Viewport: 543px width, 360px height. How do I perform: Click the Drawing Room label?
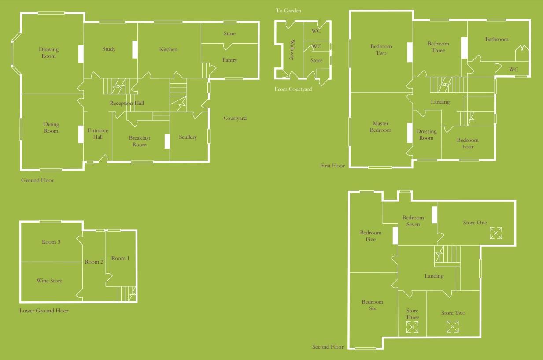point(48,53)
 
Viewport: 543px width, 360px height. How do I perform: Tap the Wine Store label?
point(49,281)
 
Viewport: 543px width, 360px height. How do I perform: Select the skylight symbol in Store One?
point(496,233)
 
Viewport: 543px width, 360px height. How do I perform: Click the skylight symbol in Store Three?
point(413,327)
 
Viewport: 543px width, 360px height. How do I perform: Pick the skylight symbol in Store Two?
point(453,327)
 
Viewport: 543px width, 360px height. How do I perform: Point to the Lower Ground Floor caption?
point(44,311)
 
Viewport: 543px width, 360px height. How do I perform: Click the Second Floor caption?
point(328,347)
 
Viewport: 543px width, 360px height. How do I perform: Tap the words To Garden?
point(288,11)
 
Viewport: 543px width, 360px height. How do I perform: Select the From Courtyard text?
point(293,89)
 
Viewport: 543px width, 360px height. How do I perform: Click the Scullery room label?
point(188,137)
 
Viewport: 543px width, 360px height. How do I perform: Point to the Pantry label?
point(229,60)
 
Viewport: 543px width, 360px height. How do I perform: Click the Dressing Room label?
point(426,134)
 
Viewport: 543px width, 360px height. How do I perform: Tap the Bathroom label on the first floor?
point(497,39)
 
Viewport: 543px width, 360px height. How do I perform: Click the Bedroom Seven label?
point(413,221)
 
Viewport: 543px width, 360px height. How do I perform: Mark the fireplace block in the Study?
point(135,49)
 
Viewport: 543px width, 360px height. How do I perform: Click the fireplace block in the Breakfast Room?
point(167,141)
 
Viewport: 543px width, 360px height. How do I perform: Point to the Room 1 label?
point(120,258)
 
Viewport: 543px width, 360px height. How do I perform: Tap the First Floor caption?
point(332,166)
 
